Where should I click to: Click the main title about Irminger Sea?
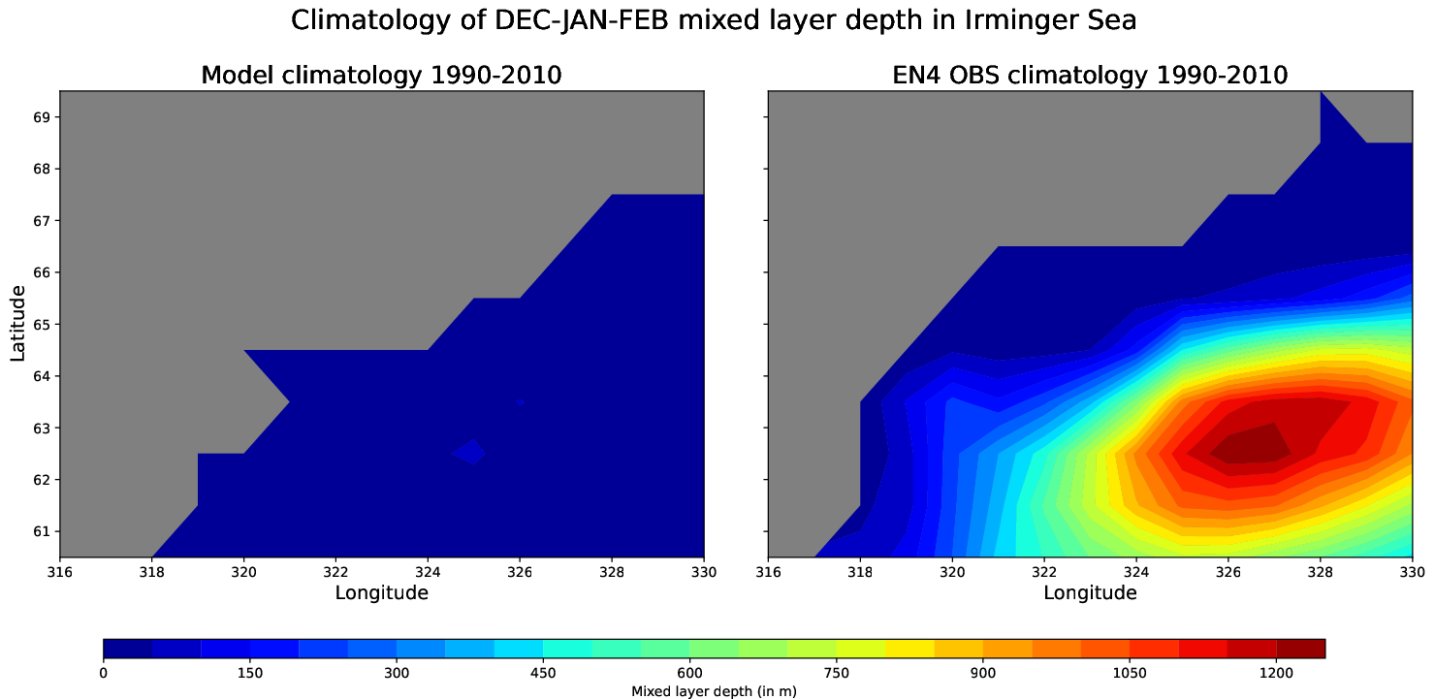(714, 20)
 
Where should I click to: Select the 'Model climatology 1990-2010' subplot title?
(381, 75)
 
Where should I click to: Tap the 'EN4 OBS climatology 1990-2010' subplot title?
(1090, 75)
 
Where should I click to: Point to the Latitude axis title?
(18, 323)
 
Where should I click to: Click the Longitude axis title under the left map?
(381, 592)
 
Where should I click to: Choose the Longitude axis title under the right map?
(1090, 592)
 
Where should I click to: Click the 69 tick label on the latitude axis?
(42, 117)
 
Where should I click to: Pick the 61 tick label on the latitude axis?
(42, 531)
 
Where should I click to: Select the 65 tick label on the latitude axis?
(42, 324)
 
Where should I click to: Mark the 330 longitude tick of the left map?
(703, 572)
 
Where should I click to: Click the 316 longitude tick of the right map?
(769, 572)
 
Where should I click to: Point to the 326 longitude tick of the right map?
(1228, 572)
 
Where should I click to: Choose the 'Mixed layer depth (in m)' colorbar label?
(714, 692)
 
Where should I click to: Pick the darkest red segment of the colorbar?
(1300, 649)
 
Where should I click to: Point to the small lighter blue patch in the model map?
(470, 452)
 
